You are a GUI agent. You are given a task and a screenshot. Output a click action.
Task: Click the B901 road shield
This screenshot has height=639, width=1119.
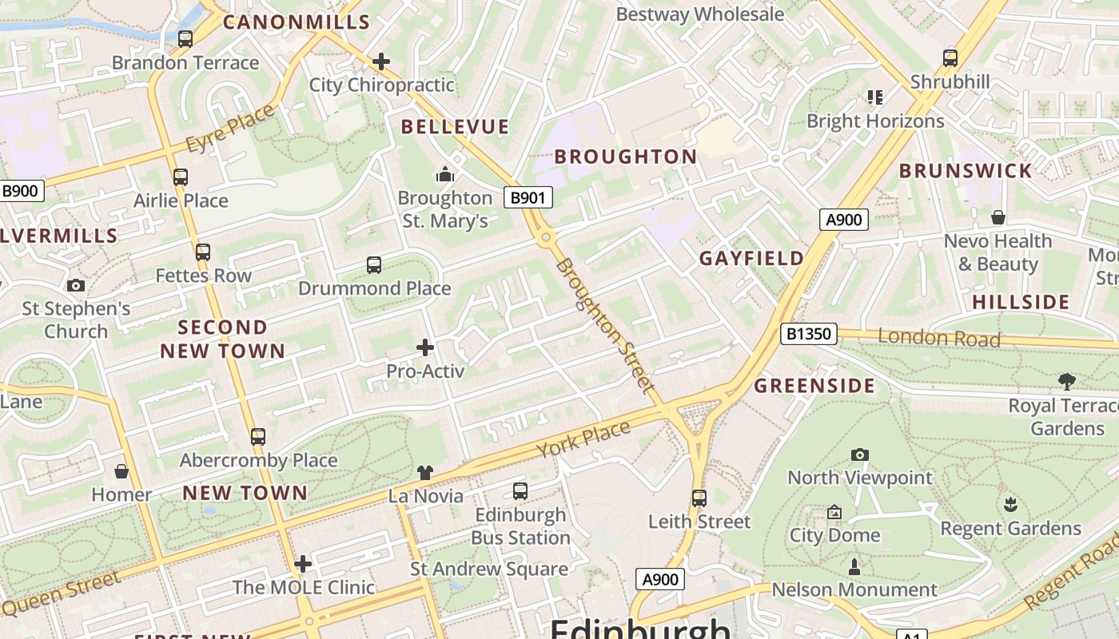pyautogui.click(x=528, y=197)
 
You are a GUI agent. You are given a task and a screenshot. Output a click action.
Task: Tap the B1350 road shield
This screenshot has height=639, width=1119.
pyautogui.click(x=808, y=334)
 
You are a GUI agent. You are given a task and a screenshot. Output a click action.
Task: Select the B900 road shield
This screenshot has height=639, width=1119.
pyautogui.click(x=20, y=191)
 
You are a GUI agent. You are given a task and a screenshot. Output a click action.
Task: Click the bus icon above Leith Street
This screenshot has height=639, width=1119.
pyautogui.click(x=699, y=498)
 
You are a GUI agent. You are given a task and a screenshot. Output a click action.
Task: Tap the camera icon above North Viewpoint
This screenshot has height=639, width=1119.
pyautogui.click(x=859, y=454)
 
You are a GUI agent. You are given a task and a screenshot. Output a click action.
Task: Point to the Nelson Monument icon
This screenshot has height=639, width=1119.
pyautogui.click(x=854, y=567)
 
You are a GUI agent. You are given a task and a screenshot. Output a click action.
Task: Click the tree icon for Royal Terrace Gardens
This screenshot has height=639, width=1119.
pyautogui.click(x=1066, y=381)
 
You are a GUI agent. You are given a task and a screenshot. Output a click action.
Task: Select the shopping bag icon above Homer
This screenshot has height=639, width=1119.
pyautogui.click(x=121, y=471)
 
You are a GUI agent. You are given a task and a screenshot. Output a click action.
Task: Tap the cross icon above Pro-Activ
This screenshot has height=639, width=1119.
pyautogui.click(x=425, y=347)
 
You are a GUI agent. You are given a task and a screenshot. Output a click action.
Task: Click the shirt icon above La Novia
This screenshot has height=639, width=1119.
pyautogui.click(x=425, y=473)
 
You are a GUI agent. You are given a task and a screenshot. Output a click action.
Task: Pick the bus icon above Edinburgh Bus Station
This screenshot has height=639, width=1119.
pyautogui.click(x=520, y=491)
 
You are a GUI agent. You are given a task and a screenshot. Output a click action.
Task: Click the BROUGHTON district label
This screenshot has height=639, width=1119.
pyautogui.click(x=626, y=157)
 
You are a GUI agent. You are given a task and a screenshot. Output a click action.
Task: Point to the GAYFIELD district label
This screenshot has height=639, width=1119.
pyautogui.click(x=751, y=258)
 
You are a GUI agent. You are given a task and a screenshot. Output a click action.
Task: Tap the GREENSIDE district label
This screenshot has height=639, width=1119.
pyautogui.click(x=814, y=386)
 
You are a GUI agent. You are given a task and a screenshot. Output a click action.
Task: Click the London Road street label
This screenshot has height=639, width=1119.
pyautogui.click(x=939, y=338)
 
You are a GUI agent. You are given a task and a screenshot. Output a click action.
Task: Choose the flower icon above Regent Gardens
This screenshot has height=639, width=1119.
pyautogui.click(x=1010, y=505)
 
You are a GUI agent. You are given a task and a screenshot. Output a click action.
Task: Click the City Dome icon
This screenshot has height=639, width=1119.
pyautogui.click(x=834, y=512)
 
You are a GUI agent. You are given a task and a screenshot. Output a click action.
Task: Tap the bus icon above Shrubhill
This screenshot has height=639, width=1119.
pyautogui.click(x=950, y=58)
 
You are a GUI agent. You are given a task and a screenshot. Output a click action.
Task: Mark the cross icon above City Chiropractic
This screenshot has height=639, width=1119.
pyautogui.click(x=381, y=61)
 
